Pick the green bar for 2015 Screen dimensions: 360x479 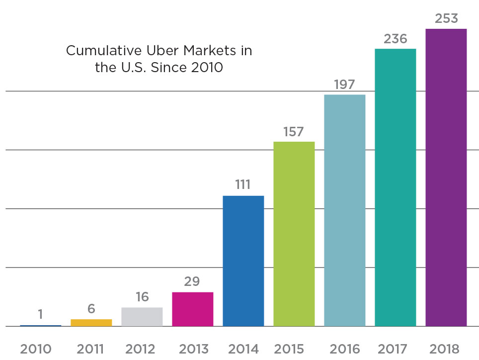click(x=294, y=234)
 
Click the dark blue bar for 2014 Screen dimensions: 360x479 click(x=243, y=261)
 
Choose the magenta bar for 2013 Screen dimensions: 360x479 click(x=192, y=309)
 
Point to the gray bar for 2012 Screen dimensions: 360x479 click(x=142, y=317)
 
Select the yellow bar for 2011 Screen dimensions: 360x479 click(x=91, y=323)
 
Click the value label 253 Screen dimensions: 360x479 click(x=446, y=18)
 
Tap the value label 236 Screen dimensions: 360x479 click(x=396, y=38)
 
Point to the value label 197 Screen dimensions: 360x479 click(x=344, y=85)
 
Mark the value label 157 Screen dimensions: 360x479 click(x=294, y=132)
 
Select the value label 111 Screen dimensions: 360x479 click(x=243, y=185)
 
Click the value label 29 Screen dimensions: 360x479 click(x=192, y=282)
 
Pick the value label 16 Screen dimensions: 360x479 click(x=142, y=297)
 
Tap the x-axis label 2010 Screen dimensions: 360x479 click(x=36, y=349)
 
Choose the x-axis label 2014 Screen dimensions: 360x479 click(x=243, y=349)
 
